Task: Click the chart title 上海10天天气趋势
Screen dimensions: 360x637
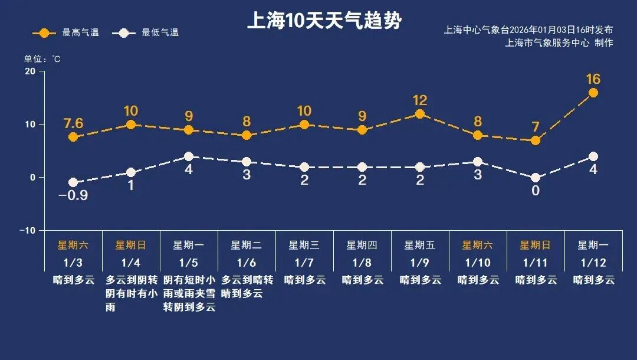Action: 324,21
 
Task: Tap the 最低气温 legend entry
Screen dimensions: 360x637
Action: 149,33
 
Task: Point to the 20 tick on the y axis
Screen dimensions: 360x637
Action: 29,71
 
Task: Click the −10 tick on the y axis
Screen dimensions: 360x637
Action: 27,230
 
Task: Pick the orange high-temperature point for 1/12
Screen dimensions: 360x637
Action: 593,93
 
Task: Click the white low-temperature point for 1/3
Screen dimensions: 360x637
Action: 73,182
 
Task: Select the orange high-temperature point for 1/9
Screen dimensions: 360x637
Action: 420,114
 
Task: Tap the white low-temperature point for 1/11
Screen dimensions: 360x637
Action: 536,178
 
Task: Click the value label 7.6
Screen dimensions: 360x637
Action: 73,123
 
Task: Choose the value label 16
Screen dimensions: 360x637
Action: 593,79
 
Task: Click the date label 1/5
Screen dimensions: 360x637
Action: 189,262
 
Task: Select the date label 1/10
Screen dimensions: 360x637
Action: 477,262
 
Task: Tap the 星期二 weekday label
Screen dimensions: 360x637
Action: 246,245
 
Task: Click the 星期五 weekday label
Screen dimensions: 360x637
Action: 419,245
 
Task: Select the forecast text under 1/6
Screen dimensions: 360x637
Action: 247,286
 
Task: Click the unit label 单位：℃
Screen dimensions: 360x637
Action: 42,59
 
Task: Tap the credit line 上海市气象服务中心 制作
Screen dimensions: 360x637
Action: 559,43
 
